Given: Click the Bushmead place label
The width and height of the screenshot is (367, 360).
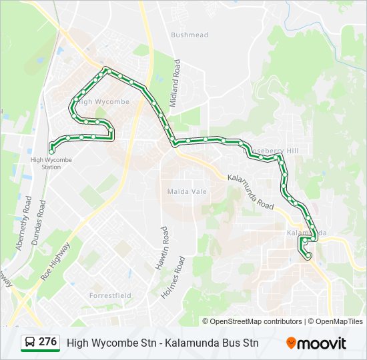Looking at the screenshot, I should point(190,35).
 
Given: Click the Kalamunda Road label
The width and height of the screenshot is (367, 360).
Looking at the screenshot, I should point(250,192).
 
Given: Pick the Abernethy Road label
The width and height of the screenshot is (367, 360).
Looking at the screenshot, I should point(24,223).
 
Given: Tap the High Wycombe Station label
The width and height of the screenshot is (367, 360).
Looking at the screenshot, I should point(51,163).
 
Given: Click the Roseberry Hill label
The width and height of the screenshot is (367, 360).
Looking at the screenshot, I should point(276,151).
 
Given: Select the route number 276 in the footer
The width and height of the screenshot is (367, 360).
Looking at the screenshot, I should point(47,342).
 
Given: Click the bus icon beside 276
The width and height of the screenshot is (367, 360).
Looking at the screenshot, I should point(30,343).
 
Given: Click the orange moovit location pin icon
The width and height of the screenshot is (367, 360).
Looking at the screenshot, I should point(291,343).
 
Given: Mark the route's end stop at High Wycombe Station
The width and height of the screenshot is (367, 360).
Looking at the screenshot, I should point(51,151).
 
